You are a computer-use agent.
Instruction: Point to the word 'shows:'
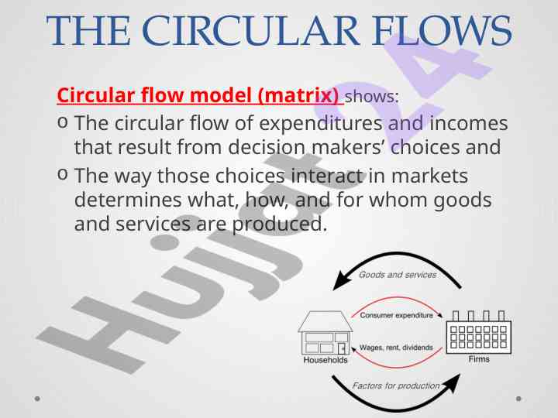[x=372, y=98]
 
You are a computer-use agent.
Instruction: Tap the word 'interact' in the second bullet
[x=327, y=176]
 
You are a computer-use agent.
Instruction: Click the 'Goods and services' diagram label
[x=398, y=275]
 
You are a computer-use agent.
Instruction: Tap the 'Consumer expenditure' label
[x=397, y=315]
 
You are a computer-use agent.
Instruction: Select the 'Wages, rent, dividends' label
[x=396, y=348]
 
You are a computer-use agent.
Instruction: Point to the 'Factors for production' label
[x=396, y=385]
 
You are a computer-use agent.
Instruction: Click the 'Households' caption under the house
[x=325, y=360]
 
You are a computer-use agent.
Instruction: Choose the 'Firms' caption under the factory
[x=479, y=359]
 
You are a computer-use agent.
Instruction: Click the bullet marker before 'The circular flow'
[x=63, y=123]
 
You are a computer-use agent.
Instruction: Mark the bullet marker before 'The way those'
[x=63, y=175]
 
